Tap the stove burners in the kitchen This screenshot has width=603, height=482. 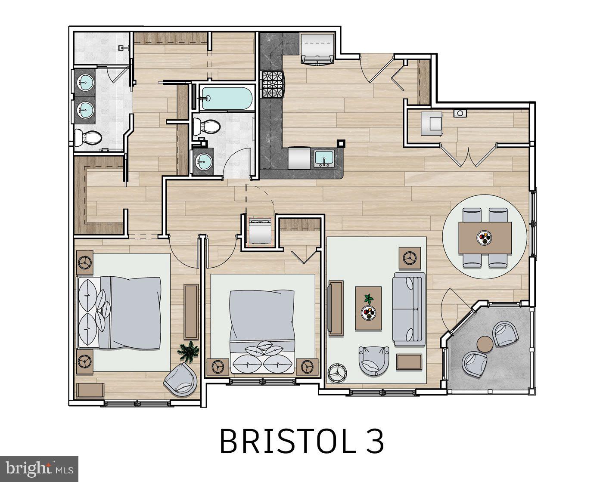[x=272, y=85]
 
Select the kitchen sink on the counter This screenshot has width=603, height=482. [x=323, y=159]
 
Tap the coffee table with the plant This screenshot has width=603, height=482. [x=368, y=308]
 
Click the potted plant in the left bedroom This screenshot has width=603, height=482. [x=189, y=351]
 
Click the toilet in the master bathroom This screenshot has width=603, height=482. [x=88, y=138]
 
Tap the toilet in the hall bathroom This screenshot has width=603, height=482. [x=206, y=126]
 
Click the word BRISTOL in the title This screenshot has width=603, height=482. [x=284, y=441]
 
